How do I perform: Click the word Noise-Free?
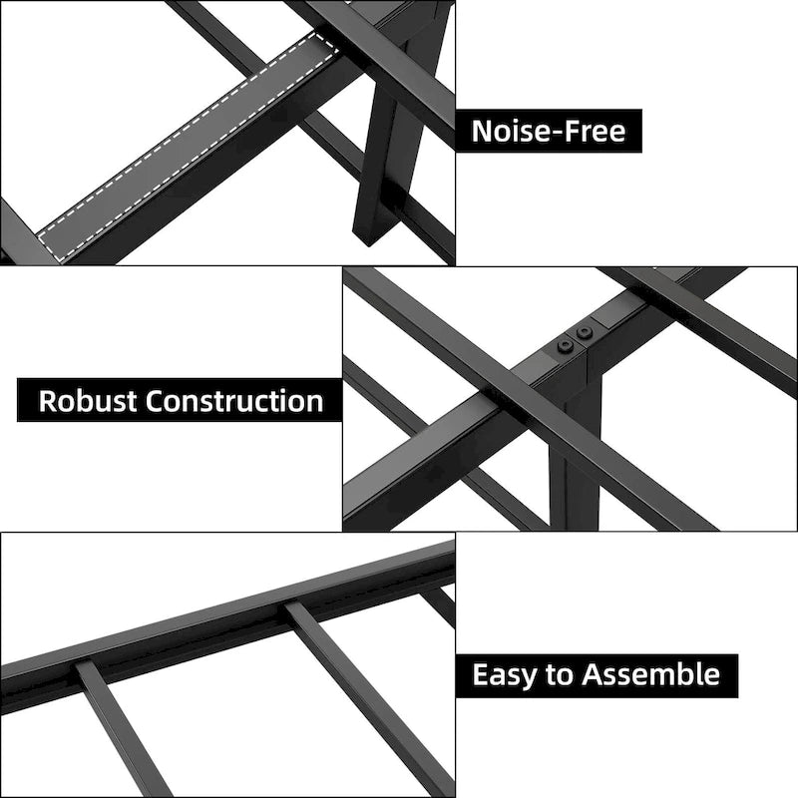548,131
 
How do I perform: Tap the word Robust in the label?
88,401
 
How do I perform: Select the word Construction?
234,401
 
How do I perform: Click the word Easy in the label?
504,675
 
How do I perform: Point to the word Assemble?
651,674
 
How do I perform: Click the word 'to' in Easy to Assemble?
559,675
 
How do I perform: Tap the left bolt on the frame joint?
565,347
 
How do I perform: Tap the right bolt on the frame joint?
585,334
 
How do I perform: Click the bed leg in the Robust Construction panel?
576,448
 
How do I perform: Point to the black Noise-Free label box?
549,131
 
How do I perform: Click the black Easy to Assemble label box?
597,675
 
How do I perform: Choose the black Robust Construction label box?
180,400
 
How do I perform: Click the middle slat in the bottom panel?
366,697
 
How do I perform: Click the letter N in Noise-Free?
482,132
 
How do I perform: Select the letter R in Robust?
48,401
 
